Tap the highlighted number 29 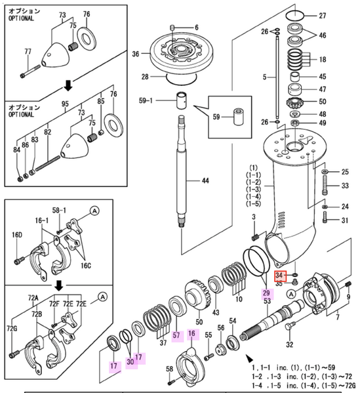pyautogui.click(x=267, y=292)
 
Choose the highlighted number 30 pyautogui.click(x=130, y=362)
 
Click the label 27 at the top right pyautogui.click(x=340, y=15)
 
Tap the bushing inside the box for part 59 pyautogui.click(x=239, y=122)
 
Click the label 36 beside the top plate pyautogui.click(x=136, y=54)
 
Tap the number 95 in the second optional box pyautogui.click(x=65, y=103)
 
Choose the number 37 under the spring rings pyautogui.click(x=162, y=342)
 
